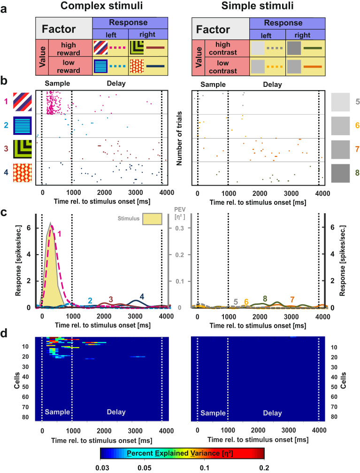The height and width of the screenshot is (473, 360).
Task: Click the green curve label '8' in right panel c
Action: click(265, 298)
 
